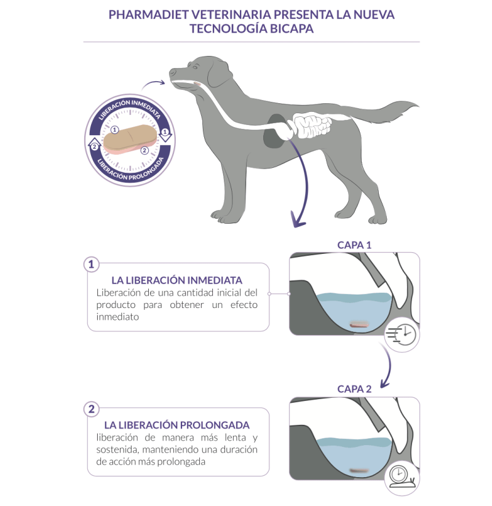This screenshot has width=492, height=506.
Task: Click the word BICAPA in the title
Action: pyautogui.click(x=292, y=29)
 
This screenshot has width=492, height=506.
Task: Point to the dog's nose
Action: pyautogui.click(x=172, y=73)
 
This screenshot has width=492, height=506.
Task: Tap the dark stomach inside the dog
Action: pyautogui.click(x=274, y=132)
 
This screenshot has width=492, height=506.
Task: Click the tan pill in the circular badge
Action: pyautogui.click(x=130, y=138)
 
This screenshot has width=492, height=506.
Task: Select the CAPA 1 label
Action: pyautogui.click(x=354, y=245)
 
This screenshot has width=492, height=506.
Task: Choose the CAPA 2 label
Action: pyautogui.click(x=354, y=389)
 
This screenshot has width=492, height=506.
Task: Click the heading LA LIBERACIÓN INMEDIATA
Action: pyautogui.click(x=177, y=280)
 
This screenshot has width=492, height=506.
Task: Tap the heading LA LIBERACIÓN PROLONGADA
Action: pyautogui.click(x=177, y=425)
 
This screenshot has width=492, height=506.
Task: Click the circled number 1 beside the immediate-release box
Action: pyautogui.click(x=92, y=264)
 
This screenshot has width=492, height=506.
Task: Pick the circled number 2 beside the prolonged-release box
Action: pyautogui.click(x=92, y=409)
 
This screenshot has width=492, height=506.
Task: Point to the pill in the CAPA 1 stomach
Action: pyautogui.click(x=359, y=324)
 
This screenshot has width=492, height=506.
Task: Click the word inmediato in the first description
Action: pyautogui.click(x=117, y=317)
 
